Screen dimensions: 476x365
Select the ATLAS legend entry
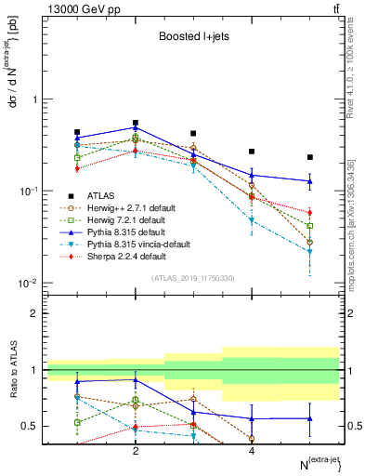click(x=102, y=195)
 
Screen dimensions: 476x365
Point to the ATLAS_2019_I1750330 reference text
click(x=192, y=277)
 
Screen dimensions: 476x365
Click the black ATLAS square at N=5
click(x=310, y=157)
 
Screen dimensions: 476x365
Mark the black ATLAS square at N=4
click(x=252, y=152)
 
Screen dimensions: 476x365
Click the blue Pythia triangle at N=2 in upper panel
click(x=136, y=127)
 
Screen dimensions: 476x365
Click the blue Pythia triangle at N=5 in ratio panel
click(x=310, y=418)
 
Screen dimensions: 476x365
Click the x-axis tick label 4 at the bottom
click(x=252, y=451)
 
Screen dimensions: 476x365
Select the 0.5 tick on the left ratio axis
click(x=30, y=426)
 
